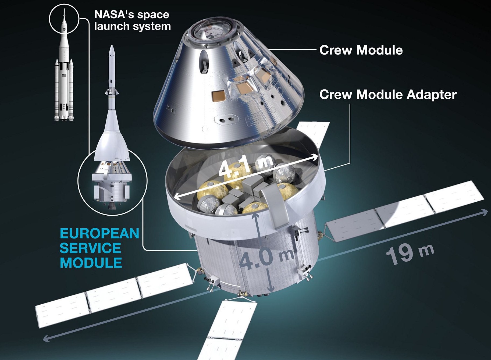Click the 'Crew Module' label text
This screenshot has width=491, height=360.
coord(361,50)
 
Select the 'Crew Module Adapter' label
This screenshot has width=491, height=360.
coord(388,94)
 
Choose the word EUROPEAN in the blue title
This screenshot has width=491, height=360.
coord(99,233)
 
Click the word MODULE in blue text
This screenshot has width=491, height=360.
coord(91,263)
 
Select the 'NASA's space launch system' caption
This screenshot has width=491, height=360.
coord(133,20)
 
